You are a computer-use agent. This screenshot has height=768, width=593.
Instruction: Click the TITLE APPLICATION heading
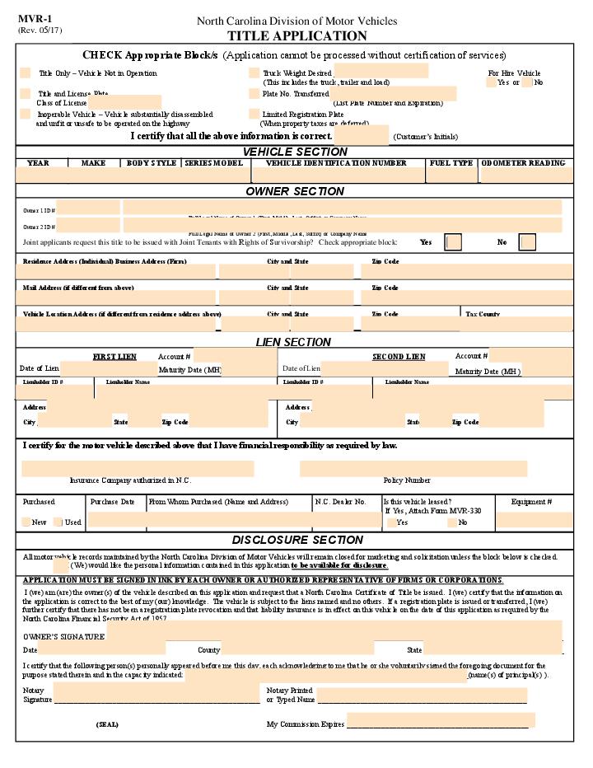pyautogui.click(x=296, y=35)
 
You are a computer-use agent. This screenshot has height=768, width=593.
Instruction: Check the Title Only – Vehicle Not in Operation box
pyautogui.click(x=26, y=73)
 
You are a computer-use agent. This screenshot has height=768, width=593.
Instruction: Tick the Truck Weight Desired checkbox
pyautogui.click(x=254, y=73)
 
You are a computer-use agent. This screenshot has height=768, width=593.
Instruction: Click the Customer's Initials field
pyautogui.click(x=361, y=135)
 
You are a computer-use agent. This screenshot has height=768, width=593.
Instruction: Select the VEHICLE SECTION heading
pyautogui.click(x=295, y=152)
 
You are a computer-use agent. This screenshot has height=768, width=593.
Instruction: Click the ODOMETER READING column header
pyautogui.click(x=524, y=163)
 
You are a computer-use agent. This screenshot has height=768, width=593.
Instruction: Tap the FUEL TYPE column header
pyautogui.click(x=451, y=163)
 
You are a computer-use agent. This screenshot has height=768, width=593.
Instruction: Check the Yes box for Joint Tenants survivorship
pyautogui.click(x=453, y=242)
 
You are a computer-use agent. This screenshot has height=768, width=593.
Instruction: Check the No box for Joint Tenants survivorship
pyautogui.click(x=527, y=242)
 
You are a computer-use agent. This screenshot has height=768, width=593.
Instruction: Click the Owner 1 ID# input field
pyautogui.click(x=88, y=208)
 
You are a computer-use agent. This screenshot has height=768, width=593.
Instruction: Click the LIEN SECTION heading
pyautogui.click(x=293, y=342)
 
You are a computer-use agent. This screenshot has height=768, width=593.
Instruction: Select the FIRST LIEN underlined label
pyautogui.click(x=114, y=357)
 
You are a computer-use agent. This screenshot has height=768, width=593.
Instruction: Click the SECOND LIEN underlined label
pyautogui.click(x=399, y=357)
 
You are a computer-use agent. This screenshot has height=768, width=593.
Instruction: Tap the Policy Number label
pyautogui.click(x=406, y=480)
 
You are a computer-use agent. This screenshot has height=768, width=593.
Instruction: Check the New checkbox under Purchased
pyautogui.click(x=26, y=522)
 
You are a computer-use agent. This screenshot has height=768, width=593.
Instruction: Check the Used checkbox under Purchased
pyautogui.click(x=58, y=522)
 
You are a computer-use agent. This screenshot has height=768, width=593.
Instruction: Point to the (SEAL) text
pyautogui.click(x=107, y=724)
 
